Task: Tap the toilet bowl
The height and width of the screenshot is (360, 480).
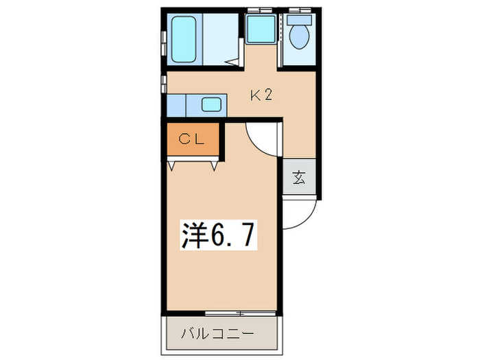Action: pos(299,38)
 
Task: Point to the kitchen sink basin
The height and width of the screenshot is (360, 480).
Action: pos(212,106)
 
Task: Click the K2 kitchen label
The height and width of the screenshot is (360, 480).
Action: pos(261,96)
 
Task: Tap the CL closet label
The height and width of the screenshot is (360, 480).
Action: pos(191,139)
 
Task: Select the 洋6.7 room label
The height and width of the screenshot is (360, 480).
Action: pos(219,235)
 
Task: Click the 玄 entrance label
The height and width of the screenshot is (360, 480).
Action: pos(300,178)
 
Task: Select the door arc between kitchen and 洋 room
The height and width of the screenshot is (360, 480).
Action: pos(261,139)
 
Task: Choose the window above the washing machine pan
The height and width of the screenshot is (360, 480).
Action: pos(261,9)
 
